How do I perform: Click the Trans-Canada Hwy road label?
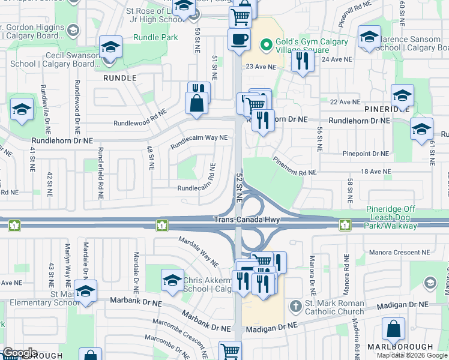[x=247, y=220]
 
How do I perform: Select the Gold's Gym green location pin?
[x=265, y=44]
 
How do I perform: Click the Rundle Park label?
[x=156, y=37]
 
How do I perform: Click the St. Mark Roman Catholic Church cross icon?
[x=294, y=306]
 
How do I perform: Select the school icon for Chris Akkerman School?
[x=172, y=280]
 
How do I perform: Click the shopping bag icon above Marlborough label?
[x=393, y=329]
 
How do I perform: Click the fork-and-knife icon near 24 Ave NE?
[x=302, y=61]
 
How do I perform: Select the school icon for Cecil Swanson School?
[x=110, y=47]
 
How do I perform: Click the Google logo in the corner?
[x=20, y=353]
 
